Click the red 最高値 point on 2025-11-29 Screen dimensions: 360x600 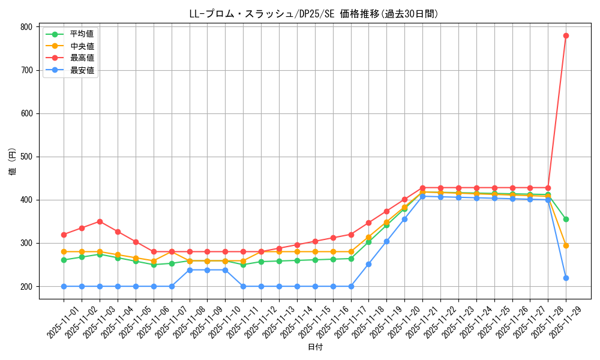point(566,35)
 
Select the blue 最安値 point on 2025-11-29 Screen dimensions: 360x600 point(566,278)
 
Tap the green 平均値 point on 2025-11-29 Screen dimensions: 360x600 point(566,219)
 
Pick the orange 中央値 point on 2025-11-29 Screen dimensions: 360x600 point(566,245)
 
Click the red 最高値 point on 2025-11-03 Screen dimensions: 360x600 point(100,221)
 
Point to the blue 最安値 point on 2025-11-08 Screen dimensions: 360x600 point(189,270)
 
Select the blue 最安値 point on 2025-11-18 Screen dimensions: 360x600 point(368,264)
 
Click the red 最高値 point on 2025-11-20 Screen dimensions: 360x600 point(404,199)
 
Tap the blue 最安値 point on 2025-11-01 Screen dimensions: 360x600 point(64,286)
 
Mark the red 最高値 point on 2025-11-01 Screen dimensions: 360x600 point(64,235)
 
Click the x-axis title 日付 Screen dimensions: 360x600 point(315,347)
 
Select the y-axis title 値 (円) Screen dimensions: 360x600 point(12,162)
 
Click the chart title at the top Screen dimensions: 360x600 point(314,14)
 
